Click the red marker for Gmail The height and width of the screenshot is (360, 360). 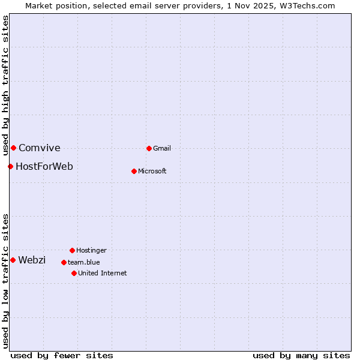(149, 148)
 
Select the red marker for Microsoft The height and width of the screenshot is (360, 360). (134, 171)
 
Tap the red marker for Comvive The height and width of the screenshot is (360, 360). (13, 148)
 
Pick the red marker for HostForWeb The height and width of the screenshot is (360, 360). (10, 166)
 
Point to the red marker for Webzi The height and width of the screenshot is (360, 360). (13, 260)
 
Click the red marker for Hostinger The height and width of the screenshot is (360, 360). (72, 250)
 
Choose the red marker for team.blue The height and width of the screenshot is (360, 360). (64, 262)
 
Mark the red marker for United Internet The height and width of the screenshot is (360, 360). (74, 273)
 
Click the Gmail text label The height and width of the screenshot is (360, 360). (162, 148)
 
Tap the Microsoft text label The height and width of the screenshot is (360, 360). (152, 171)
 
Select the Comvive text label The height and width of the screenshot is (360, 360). (40, 148)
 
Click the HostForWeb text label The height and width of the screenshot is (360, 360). (44, 166)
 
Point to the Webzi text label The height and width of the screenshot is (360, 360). (32, 260)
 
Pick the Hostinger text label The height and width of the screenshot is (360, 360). (91, 250)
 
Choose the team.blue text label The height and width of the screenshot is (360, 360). (84, 262)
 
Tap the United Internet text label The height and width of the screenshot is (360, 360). (103, 273)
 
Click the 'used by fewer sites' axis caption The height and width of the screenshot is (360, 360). (62, 355)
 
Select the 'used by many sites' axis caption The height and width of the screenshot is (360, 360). (301, 355)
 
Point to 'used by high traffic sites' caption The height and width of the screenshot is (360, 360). (5, 85)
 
